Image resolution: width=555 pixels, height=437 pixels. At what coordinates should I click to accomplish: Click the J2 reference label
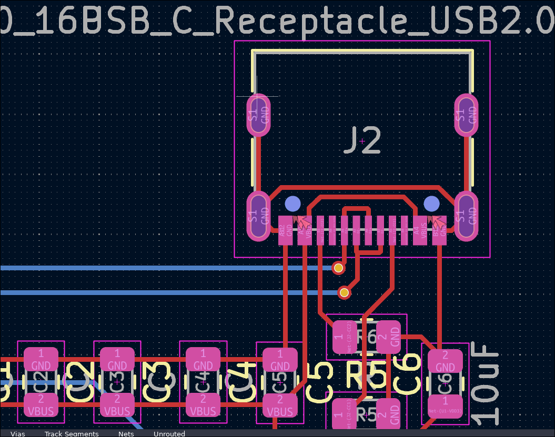pos(362,141)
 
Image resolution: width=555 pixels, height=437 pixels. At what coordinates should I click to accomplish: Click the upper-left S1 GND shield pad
pos(259,115)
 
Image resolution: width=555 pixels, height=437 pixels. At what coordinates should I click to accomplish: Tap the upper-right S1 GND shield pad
pos(466,115)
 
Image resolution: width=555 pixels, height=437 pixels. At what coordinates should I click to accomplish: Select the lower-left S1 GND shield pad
pos(259,216)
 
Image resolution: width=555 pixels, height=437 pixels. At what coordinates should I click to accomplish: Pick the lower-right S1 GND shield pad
pos(466,216)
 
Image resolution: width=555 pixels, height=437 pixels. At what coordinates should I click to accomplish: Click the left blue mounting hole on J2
pos(292,204)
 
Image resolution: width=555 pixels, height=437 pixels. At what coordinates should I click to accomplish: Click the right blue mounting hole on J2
pos(431,204)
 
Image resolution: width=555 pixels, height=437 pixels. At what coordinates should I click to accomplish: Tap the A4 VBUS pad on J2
pos(419,230)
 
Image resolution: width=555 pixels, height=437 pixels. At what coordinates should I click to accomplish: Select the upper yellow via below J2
pos(338,268)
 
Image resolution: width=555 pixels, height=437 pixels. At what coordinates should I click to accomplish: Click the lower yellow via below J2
pos(344,292)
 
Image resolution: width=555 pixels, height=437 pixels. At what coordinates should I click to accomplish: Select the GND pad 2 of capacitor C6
pos(445,361)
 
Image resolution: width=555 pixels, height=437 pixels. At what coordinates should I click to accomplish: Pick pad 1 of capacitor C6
pos(445,407)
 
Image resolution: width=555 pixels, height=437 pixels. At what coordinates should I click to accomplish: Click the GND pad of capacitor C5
pos(280,360)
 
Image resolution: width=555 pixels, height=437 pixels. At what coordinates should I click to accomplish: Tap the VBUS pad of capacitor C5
pos(280,406)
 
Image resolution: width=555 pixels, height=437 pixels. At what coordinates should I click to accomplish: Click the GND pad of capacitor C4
pos(203,360)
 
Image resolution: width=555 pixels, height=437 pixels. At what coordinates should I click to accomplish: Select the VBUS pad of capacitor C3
pos(117,406)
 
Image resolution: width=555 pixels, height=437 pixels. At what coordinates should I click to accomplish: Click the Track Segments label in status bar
pos(72,434)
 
